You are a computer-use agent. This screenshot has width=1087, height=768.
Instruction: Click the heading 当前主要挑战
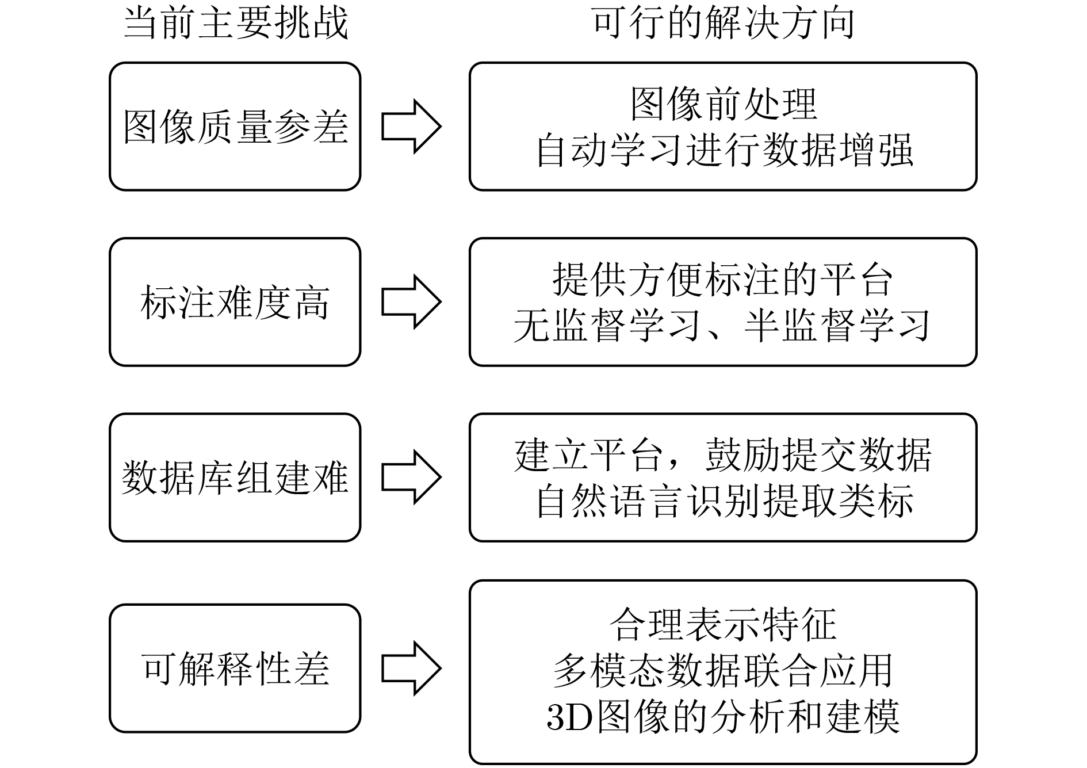tap(236, 24)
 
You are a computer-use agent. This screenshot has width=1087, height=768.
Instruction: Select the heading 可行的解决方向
tap(723, 24)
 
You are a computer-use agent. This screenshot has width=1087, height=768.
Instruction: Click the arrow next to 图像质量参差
tap(411, 127)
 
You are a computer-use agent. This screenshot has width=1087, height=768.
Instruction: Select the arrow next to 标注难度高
tap(411, 302)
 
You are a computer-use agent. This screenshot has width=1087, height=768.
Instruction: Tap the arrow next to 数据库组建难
tap(411, 477)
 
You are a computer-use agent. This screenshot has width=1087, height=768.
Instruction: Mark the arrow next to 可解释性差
tap(411, 668)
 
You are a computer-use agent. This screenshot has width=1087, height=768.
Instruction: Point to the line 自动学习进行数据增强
tap(724, 150)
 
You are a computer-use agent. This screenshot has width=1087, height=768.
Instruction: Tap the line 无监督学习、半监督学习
tap(722, 326)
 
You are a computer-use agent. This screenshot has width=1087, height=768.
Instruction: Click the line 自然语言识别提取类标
tap(724, 501)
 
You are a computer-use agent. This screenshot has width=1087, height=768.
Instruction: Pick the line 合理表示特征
tap(724, 625)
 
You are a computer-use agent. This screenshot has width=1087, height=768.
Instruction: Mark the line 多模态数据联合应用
tap(724, 671)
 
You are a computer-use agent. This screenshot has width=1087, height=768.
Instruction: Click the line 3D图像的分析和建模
tap(724, 717)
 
